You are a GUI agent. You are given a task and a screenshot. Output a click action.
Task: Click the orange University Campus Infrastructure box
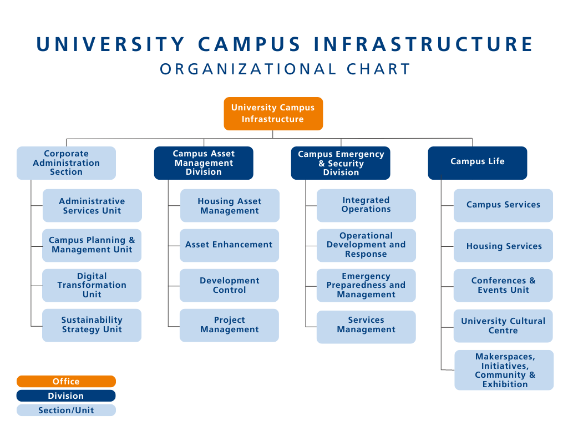(273, 114)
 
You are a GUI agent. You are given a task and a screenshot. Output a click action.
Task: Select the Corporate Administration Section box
(66, 163)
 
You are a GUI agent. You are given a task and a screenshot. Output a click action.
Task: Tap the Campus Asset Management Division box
(204, 163)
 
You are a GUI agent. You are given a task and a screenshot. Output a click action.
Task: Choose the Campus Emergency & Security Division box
(341, 163)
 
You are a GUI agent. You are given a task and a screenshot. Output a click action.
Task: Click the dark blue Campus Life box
(477, 162)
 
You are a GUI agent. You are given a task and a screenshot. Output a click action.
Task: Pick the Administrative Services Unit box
(92, 206)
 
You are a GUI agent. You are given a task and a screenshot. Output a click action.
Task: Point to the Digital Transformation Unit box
(92, 285)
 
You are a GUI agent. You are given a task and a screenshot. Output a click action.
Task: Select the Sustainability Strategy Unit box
(92, 325)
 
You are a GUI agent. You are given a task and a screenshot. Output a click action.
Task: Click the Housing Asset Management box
(230, 206)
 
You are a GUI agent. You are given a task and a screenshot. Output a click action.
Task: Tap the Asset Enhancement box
(229, 245)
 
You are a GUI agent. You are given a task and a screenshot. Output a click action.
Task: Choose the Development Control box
(229, 285)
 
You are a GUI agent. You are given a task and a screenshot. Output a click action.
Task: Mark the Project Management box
(229, 325)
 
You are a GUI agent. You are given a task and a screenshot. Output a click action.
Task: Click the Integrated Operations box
(366, 205)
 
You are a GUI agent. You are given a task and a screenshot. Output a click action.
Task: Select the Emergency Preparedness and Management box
(366, 285)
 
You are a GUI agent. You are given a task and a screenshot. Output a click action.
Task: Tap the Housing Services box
(504, 246)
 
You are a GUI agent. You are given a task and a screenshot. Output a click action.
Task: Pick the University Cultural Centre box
(503, 326)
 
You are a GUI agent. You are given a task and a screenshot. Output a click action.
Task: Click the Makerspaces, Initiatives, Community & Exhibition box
(504, 370)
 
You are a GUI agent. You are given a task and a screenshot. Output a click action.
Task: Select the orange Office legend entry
(66, 382)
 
